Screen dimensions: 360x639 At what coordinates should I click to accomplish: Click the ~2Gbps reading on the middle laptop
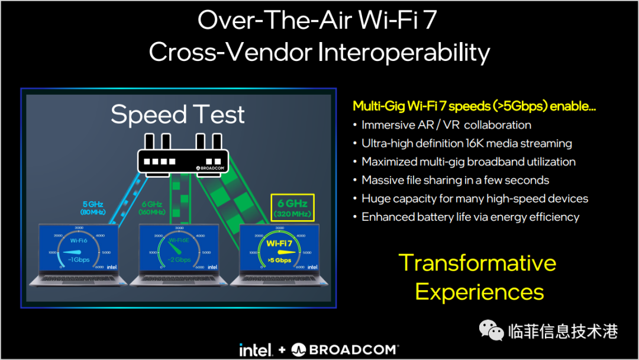pyautogui.click(x=178, y=260)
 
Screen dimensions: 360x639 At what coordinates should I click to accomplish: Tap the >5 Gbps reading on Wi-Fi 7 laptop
pyautogui.click(x=279, y=260)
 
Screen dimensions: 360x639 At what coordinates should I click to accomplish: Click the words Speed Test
pyautogui.click(x=177, y=114)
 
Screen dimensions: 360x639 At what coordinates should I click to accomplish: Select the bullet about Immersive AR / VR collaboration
pyautogui.click(x=446, y=125)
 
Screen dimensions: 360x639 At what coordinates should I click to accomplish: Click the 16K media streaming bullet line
pyautogui.click(x=466, y=143)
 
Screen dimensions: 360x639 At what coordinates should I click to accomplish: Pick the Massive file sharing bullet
pyautogui.click(x=455, y=180)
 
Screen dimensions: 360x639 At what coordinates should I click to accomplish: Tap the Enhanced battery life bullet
pyautogui.click(x=470, y=217)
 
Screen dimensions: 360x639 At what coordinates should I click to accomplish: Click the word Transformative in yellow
pyautogui.click(x=477, y=263)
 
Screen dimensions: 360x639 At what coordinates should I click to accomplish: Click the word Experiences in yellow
pyautogui.click(x=479, y=292)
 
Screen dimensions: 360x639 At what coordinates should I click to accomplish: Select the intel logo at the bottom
pyautogui.click(x=255, y=349)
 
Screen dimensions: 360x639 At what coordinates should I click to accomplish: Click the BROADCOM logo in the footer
pyautogui.click(x=345, y=349)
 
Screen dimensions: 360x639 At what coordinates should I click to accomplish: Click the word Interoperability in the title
pyautogui.click(x=404, y=52)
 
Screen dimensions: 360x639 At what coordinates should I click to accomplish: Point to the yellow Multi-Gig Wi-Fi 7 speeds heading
pyautogui.click(x=474, y=106)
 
